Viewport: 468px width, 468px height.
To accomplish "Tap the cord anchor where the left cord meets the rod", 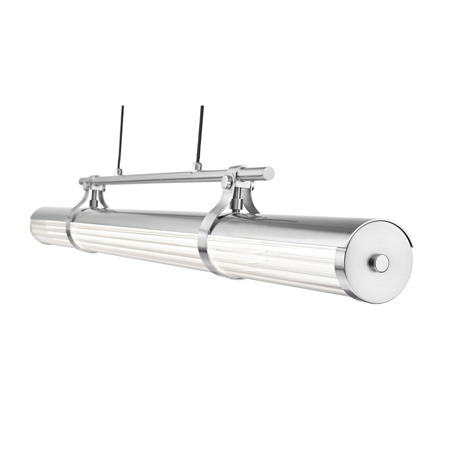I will [119, 171].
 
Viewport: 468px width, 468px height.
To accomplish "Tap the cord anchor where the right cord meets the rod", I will [197, 167].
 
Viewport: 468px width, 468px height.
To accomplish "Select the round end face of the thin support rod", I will [269, 173].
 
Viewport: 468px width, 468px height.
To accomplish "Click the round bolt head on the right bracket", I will [227, 182].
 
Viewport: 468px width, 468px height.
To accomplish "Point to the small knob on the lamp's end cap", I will [381, 263].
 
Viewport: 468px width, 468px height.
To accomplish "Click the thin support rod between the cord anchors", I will [156, 177].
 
